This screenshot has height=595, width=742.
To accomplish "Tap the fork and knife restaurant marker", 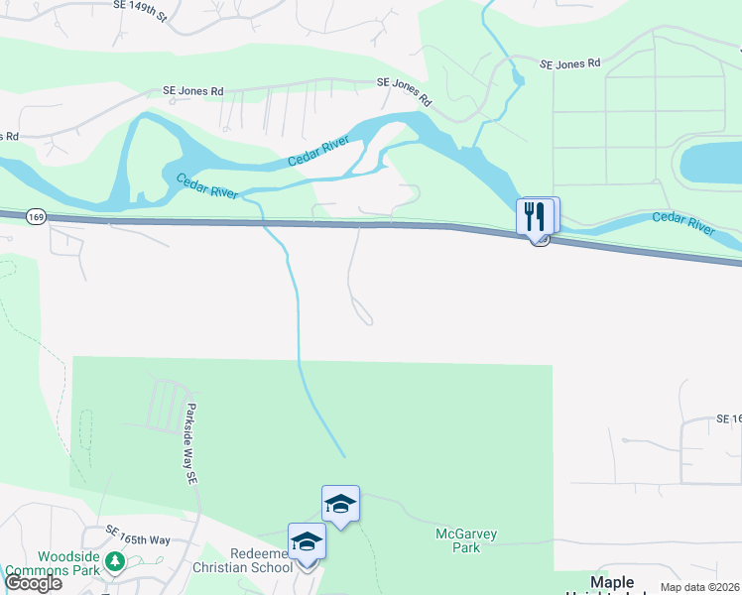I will [x=535, y=215].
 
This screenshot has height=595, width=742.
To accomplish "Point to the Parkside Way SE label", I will [x=190, y=442].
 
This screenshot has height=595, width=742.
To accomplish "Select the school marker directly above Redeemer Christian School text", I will [x=307, y=542].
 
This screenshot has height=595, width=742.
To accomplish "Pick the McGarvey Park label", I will [x=466, y=540].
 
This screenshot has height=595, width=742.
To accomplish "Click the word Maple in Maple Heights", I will [x=611, y=582].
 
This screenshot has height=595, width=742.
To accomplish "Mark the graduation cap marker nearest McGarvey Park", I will [x=340, y=505].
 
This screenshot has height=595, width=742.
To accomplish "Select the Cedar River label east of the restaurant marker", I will [x=683, y=222].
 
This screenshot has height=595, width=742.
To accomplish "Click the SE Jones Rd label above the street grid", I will [x=570, y=63].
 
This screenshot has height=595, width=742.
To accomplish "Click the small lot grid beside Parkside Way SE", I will [x=167, y=406].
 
